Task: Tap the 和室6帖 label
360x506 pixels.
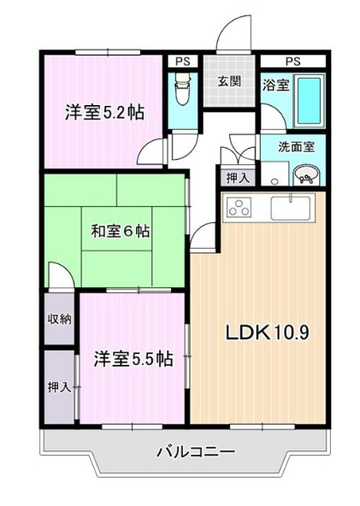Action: pyautogui.click(x=121, y=230)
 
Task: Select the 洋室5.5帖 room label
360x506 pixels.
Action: pyautogui.click(x=132, y=359)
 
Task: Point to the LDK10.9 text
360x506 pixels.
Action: pyautogui.click(x=267, y=331)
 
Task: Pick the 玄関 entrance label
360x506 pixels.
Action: pyautogui.click(x=228, y=81)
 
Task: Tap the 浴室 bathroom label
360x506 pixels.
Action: pyautogui.click(x=274, y=85)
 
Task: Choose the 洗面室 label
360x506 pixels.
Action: pyautogui.click(x=297, y=145)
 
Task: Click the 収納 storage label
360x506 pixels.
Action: pyautogui.click(x=60, y=319)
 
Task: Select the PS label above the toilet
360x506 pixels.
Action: pyautogui.click(x=182, y=62)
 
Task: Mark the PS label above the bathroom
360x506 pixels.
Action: pyautogui.click(x=293, y=62)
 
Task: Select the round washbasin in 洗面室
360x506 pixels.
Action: pyautogui.click(x=305, y=175)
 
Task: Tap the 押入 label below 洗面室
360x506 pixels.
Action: pyautogui.click(x=237, y=178)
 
